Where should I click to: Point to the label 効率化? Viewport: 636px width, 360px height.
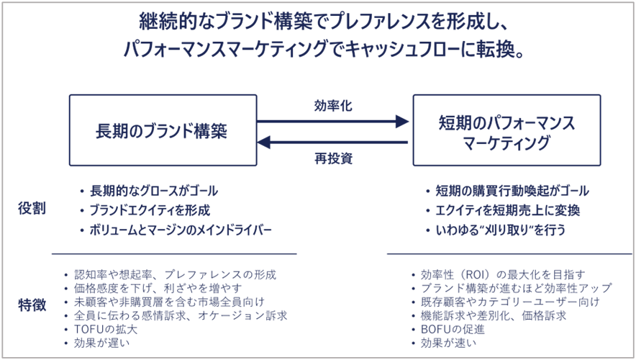pos(333,106)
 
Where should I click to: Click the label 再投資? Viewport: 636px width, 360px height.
pos(333,158)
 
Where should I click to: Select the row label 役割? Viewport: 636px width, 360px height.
pos(32,209)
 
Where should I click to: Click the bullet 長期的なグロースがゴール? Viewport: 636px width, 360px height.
pos(153,192)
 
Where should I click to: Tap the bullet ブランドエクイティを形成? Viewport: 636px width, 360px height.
pos(150,211)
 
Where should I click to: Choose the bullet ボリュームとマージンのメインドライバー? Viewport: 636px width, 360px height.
pos(181,230)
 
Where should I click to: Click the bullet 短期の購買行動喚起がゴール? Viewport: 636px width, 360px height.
pos(512,192)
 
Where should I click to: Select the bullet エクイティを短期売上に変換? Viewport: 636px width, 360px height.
pos(507,211)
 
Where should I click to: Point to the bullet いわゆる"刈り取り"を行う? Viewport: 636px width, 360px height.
pos(500,230)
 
